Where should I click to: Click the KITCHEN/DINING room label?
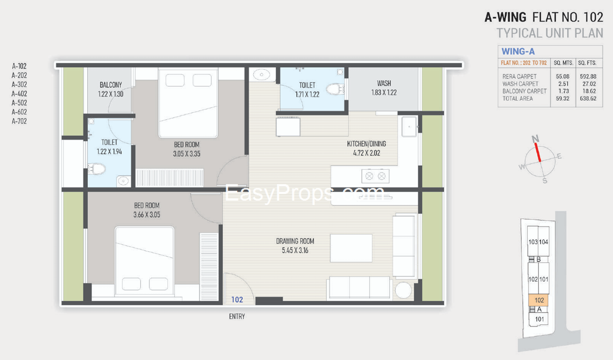(366, 143)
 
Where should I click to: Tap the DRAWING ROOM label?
(295, 241)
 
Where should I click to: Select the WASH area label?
(384, 84)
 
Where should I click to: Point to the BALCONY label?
(110, 85)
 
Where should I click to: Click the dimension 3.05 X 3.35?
(187, 154)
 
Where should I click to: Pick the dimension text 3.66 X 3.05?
(147, 214)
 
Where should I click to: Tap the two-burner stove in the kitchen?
(375, 176)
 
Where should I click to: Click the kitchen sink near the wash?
(409, 126)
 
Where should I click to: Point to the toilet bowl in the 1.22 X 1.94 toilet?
(97, 169)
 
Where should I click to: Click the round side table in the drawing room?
(403, 290)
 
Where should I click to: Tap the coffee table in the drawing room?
(351, 248)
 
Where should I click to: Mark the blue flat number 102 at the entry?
(237, 300)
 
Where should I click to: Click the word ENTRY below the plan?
(237, 316)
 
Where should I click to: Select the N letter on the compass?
(535, 139)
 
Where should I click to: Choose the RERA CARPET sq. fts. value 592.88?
(588, 76)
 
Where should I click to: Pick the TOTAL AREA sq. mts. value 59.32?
(562, 98)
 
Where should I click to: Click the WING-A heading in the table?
(518, 51)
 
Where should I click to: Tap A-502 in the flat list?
(19, 103)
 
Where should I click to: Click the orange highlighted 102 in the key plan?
(539, 300)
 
